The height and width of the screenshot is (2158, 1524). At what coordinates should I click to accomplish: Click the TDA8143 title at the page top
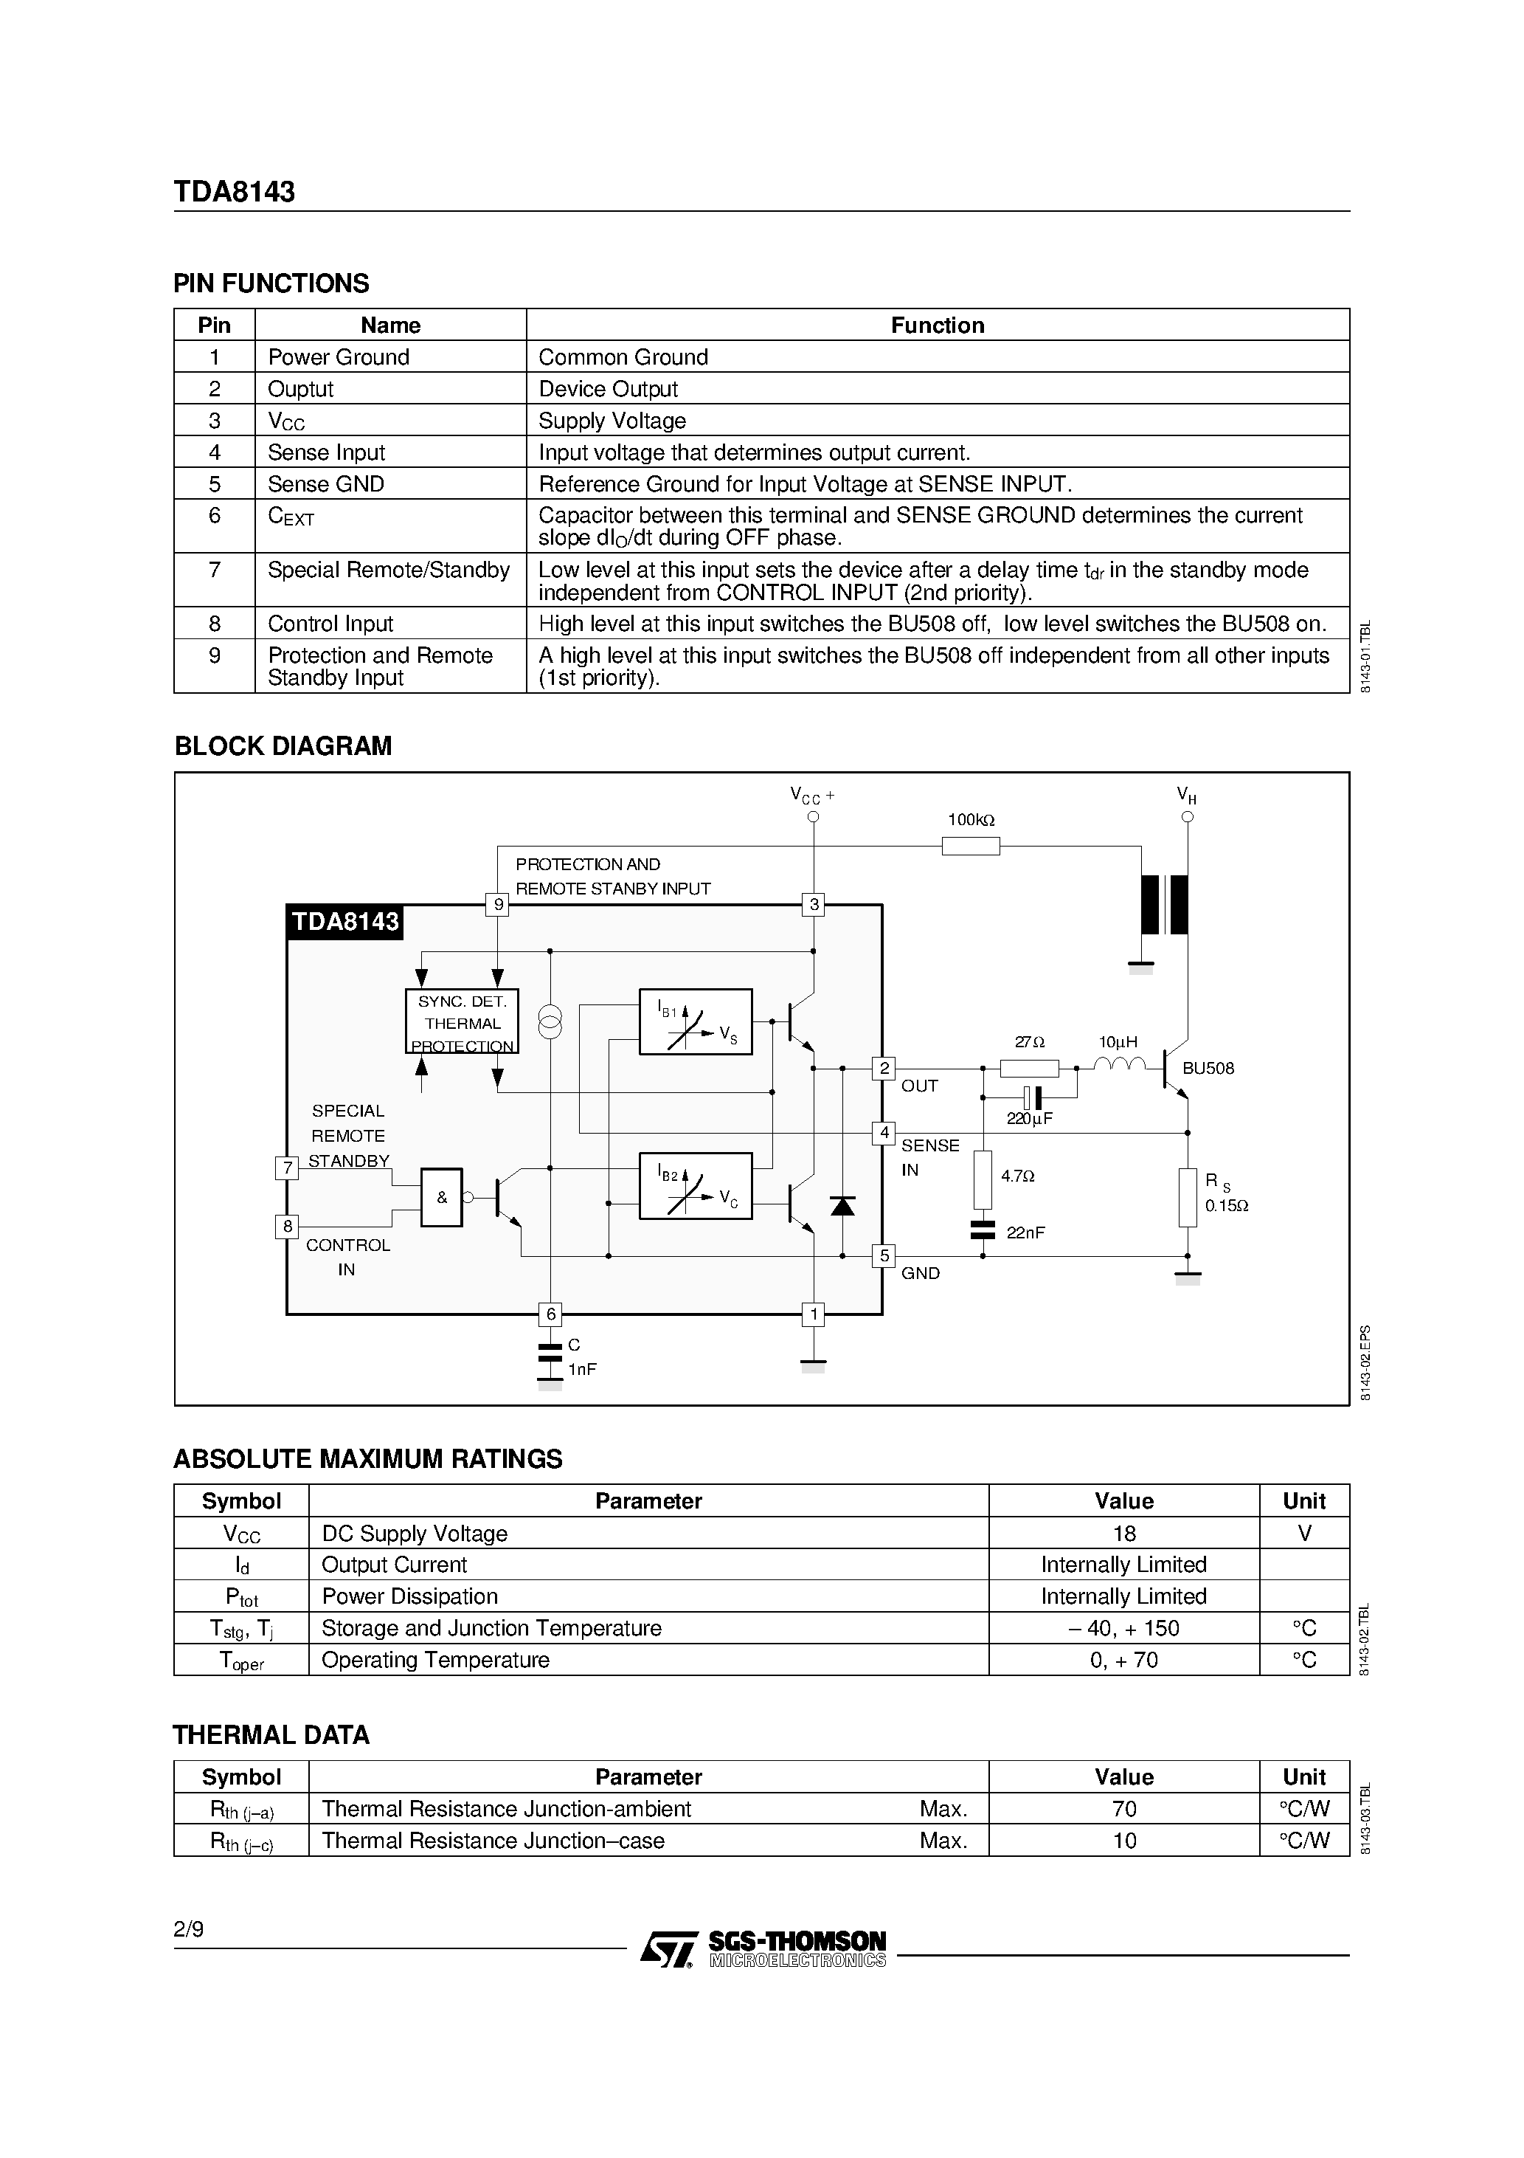tap(234, 192)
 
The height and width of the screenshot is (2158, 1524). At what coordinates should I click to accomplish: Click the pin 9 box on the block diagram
tap(498, 905)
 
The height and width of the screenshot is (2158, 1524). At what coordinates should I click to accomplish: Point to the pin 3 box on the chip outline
tap(814, 905)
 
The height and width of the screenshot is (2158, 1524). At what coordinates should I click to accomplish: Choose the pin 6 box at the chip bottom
tap(550, 1314)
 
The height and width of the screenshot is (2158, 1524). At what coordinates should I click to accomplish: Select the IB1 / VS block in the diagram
tap(696, 1021)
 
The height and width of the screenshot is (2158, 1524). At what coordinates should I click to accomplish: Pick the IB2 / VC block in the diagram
tap(696, 1185)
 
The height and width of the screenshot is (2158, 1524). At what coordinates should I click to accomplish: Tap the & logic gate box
tap(442, 1197)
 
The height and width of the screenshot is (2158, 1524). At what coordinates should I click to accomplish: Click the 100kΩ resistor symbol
tap(971, 846)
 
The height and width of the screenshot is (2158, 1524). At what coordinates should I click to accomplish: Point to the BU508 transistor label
tap(1208, 1069)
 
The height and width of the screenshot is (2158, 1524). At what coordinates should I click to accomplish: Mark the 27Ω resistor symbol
tap(1029, 1068)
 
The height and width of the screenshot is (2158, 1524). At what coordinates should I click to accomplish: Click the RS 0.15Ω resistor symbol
tap(1188, 1197)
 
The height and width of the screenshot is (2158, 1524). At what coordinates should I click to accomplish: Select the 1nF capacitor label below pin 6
tap(581, 1370)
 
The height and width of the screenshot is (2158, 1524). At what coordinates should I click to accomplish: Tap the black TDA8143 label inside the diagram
tap(344, 921)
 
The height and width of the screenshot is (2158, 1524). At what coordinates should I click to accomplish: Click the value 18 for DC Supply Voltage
tap(1123, 1534)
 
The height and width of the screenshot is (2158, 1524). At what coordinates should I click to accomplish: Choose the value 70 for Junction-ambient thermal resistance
tap(1123, 1810)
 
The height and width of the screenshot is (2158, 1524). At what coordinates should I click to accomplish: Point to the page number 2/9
tap(188, 1930)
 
